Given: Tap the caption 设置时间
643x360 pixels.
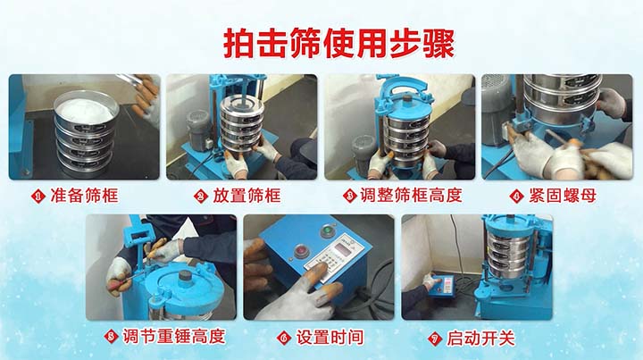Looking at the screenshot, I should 324,337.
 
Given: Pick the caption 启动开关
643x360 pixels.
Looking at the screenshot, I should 482,337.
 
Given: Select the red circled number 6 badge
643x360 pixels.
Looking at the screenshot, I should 283,338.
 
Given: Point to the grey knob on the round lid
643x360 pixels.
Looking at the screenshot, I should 188,275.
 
